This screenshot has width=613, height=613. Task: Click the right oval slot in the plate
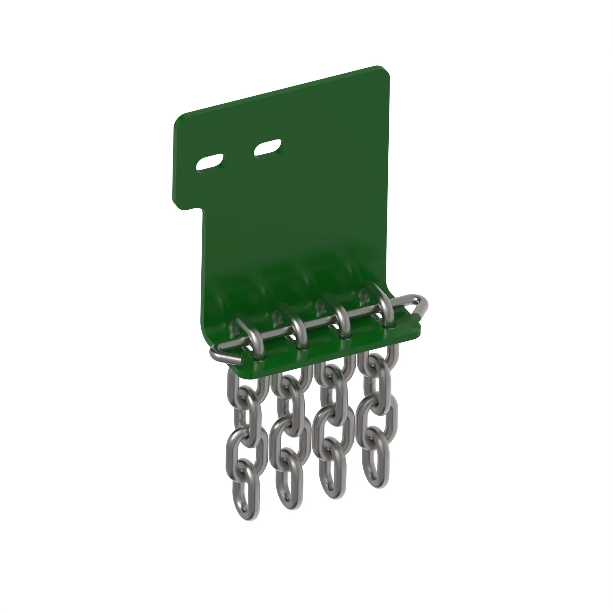(x=268, y=147)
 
